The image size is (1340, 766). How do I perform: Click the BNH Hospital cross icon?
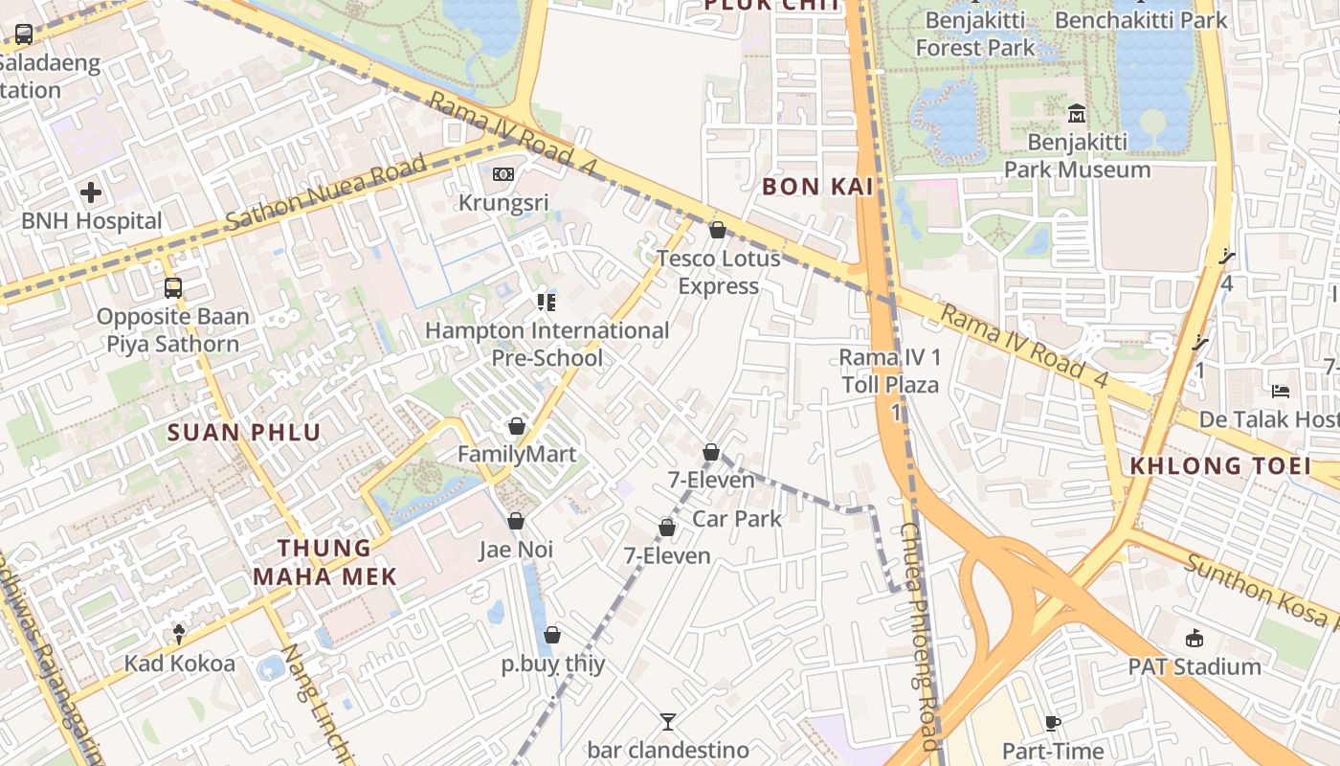(x=91, y=192)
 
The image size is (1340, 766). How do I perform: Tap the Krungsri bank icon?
(x=503, y=174)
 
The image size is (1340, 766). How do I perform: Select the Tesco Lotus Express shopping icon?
(x=718, y=230)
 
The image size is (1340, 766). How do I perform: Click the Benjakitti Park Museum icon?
(x=1077, y=114)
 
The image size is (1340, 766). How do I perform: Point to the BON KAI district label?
(x=817, y=187)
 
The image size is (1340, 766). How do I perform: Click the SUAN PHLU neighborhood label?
(x=244, y=432)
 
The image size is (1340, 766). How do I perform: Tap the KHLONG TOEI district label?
(x=1219, y=466)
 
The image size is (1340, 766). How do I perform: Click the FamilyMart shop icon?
(x=517, y=425)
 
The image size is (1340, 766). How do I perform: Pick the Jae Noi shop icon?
(x=516, y=521)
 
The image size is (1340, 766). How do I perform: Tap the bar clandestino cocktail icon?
(x=668, y=721)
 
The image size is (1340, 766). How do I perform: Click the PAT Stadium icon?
(x=1194, y=639)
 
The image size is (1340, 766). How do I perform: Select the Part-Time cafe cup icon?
(x=1053, y=723)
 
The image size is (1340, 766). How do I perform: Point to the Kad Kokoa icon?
(x=179, y=633)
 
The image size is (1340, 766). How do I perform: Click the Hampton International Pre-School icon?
(x=547, y=303)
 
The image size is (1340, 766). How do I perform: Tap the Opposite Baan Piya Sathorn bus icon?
(x=172, y=287)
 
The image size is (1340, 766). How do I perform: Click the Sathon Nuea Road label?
(x=325, y=194)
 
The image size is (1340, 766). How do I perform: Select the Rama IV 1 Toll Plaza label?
(x=890, y=372)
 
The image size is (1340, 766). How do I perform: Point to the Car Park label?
(x=737, y=519)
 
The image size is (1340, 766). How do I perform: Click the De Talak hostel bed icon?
(x=1281, y=391)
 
